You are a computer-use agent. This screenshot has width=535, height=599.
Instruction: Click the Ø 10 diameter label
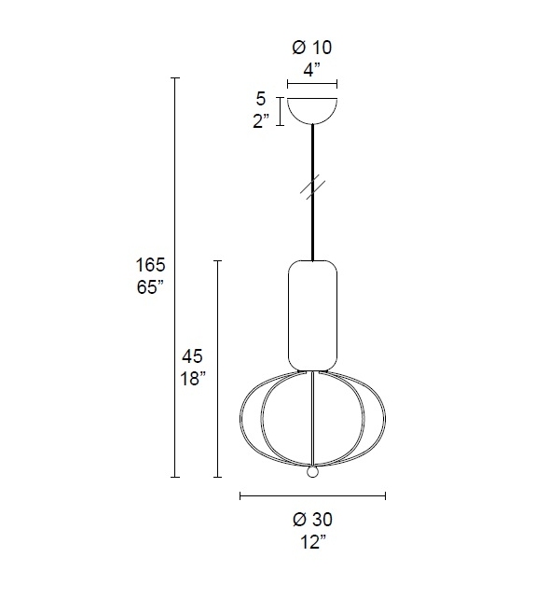312,47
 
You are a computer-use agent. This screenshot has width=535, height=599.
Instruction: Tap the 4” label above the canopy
312,68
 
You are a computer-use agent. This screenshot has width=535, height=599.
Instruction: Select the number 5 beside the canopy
261,99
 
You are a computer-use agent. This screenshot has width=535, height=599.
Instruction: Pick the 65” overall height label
150,287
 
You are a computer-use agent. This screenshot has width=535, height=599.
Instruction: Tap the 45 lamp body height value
193,356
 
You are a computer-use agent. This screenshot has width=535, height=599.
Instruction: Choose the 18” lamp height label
193,378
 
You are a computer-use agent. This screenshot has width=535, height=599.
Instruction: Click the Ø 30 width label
312,520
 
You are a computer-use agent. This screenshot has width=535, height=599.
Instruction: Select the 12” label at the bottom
312,542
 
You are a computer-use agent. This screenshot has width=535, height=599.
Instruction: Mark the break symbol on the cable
312,186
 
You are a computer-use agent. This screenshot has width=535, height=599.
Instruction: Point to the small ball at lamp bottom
313,472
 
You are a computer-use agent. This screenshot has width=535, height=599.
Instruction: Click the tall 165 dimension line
174,280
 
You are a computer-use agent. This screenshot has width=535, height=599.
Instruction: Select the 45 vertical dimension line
217,369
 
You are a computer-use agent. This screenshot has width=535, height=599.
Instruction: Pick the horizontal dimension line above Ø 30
312,496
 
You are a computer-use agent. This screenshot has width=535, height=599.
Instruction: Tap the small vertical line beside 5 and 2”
277,110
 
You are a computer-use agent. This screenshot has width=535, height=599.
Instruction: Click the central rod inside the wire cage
312,420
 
